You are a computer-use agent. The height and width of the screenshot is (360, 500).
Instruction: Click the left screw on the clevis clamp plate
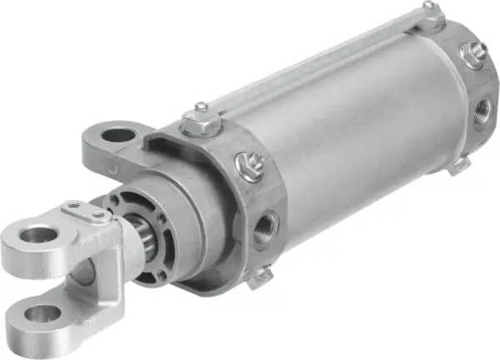point(73,204)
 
